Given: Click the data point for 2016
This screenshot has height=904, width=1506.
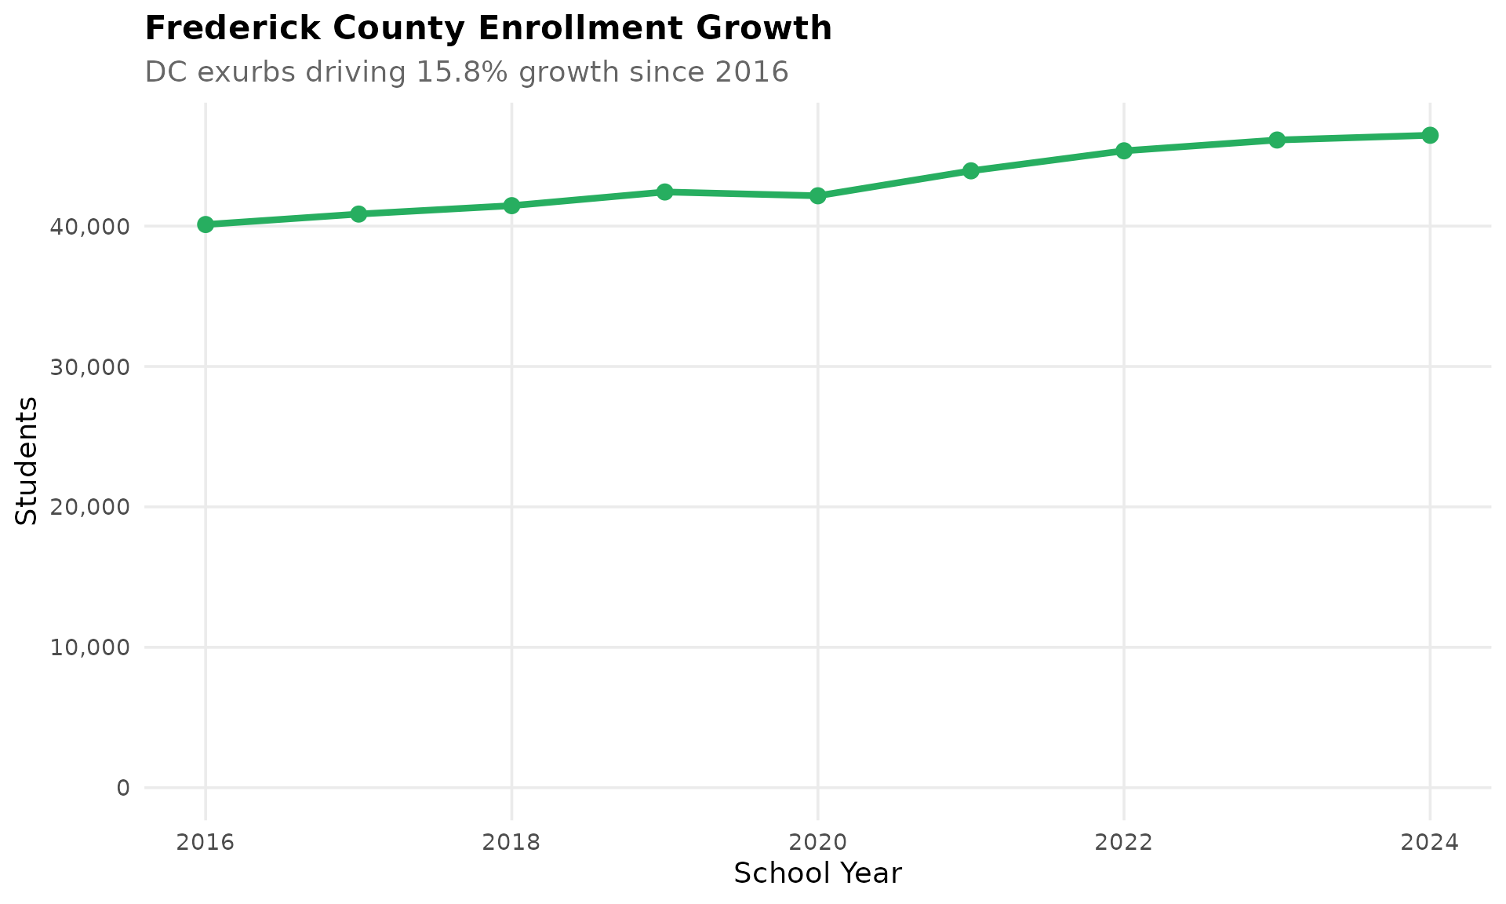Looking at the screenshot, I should pyautogui.click(x=206, y=224).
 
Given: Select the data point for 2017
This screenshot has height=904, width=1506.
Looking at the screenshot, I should pyautogui.click(x=358, y=214).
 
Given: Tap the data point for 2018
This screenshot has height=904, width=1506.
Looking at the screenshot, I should pyautogui.click(x=511, y=206).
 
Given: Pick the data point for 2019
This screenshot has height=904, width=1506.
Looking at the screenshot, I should pyautogui.click(x=664, y=191).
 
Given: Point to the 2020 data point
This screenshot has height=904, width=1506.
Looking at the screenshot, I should pyautogui.click(x=817, y=195).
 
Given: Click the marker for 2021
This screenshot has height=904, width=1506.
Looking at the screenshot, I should pyautogui.click(x=970, y=170).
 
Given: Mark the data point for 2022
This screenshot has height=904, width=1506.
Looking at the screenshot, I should pyautogui.click(x=1123, y=151).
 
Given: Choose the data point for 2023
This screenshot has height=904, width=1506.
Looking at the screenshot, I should pyautogui.click(x=1276, y=140).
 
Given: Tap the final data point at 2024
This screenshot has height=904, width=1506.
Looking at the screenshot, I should pyautogui.click(x=1429, y=135).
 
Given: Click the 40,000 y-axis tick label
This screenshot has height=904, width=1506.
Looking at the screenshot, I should pyautogui.click(x=89, y=227).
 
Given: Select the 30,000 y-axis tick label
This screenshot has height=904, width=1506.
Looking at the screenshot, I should pyautogui.click(x=89, y=367).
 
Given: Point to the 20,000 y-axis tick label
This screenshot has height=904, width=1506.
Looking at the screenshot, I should pyautogui.click(x=89, y=507).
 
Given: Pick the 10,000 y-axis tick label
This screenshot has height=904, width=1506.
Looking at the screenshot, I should pyautogui.click(x=89, y=647).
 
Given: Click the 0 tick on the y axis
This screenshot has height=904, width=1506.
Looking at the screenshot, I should pyautogui.click(x=123, y=788).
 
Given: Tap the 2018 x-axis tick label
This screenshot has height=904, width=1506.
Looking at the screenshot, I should pyautogui.click(x=511, y=843).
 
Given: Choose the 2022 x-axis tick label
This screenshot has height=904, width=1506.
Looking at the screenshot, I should pyautogui.click(x=1123, y=843).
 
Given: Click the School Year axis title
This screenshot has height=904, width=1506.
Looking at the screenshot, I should pyautogui.click(x=817, y=873).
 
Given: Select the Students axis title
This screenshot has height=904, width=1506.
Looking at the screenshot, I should pyautogui.click(x=27, y=461).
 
